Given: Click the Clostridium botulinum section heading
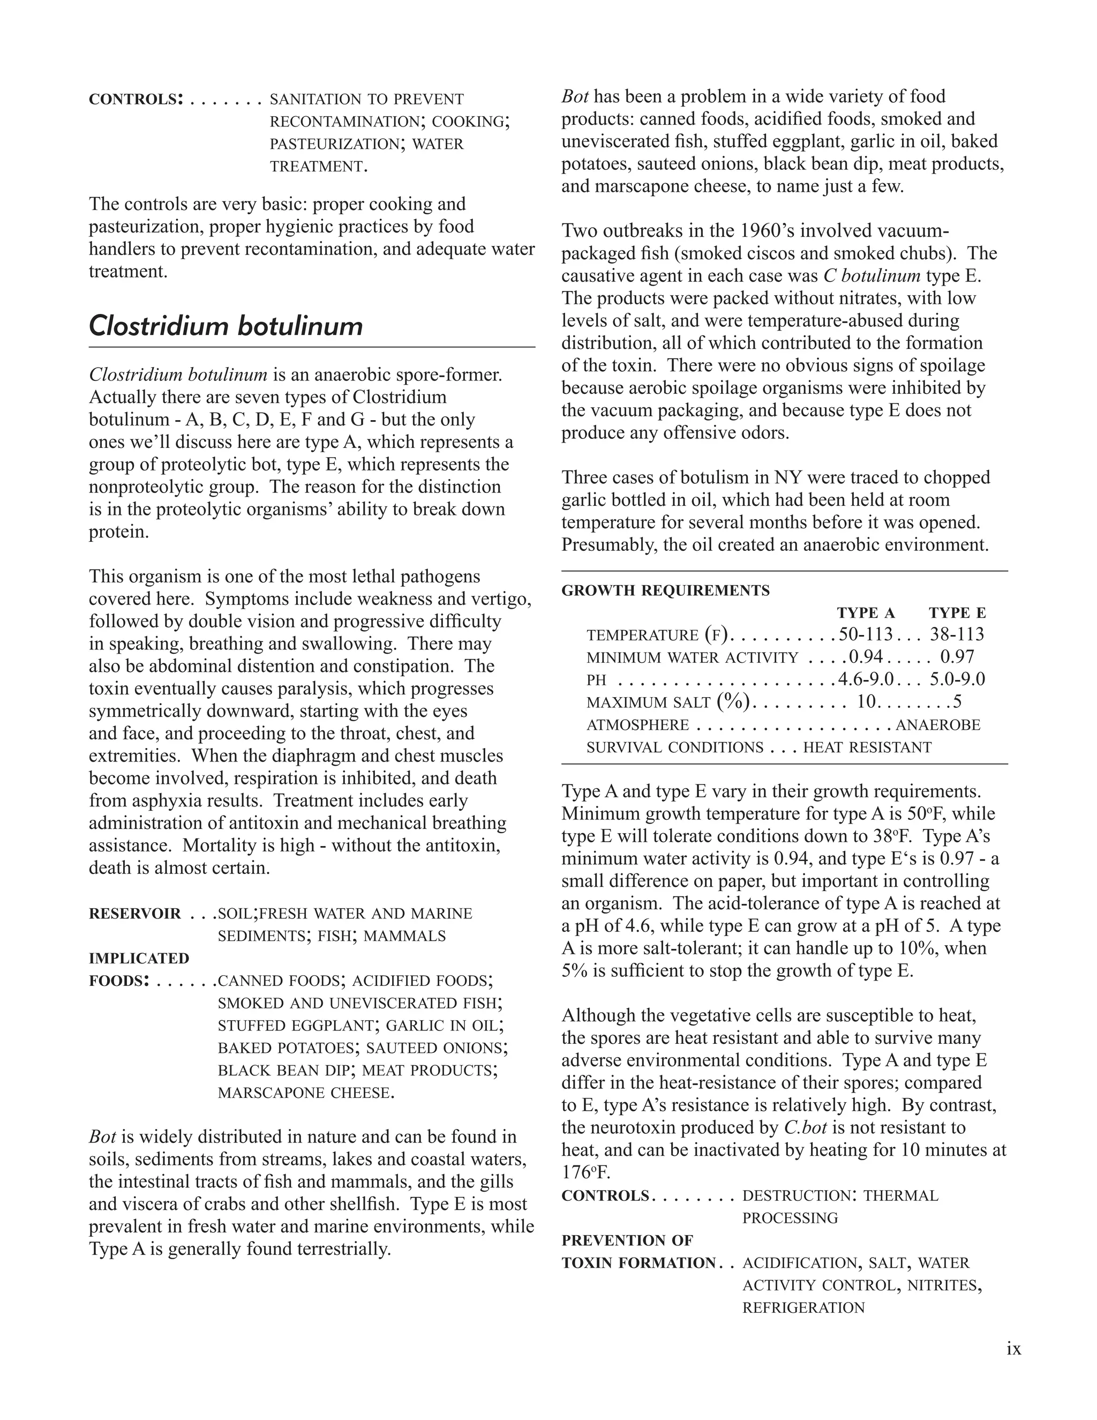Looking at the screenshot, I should tap(226, 326).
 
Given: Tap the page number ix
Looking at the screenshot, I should tap(1013, 1349).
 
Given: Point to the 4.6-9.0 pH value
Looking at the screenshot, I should tap(865, 679).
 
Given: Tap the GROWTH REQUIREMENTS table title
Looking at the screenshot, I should tap(665, 591).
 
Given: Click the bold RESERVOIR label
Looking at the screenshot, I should tap(134, 914).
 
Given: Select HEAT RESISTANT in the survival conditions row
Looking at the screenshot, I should tap(867, 748).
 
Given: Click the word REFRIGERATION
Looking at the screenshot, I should tap(803, 1307).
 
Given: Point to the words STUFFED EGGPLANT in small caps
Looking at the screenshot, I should tap(296, 1026).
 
